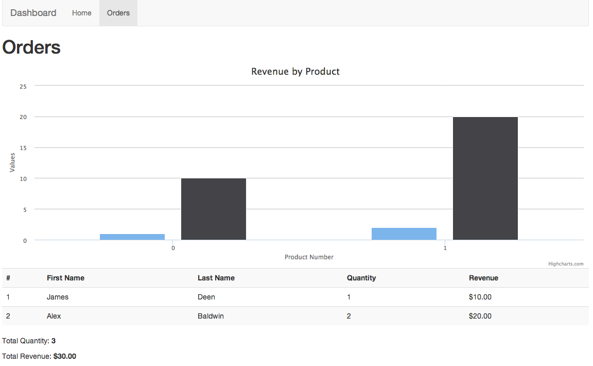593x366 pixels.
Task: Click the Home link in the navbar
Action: [81, 13]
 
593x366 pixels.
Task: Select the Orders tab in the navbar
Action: [118, 13]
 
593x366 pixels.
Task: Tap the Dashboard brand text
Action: [33, 13]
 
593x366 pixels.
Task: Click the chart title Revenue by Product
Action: [295, 72]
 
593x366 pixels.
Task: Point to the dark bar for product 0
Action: [214, 209]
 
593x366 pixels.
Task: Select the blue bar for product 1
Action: [404, 234]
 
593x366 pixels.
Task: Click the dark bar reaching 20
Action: [485, 178]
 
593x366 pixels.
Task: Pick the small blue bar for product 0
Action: [132, 237]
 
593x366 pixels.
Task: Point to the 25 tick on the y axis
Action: [23, 87]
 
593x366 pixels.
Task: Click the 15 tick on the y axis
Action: [23, 148]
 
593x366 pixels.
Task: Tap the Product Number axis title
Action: [309, 257]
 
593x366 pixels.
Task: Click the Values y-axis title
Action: [12, 162]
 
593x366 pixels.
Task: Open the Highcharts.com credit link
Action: [566, 264]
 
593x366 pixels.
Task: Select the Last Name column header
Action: [216, 278]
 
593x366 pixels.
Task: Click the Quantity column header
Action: [361, 278]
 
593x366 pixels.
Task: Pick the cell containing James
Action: [58, 297]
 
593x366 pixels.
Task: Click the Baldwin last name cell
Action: [211, 316]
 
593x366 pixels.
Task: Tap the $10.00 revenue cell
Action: [480, 297]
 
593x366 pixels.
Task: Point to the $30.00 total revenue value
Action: [65, 356]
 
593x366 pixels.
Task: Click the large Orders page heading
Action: [32, 47]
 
